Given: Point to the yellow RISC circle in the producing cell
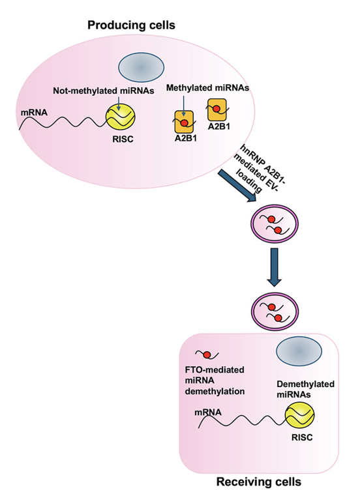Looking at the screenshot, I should [122, 118].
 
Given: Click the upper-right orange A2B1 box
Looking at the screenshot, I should [217, 108].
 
